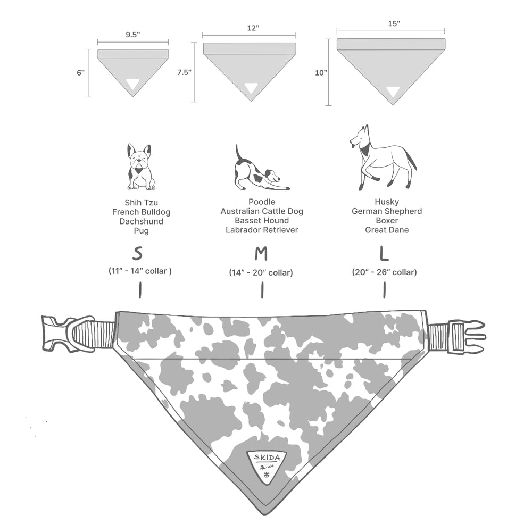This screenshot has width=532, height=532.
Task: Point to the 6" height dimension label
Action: pos(80,72)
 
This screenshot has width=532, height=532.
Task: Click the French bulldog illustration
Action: pos(139,167)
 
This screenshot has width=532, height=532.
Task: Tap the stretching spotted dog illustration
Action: pos(261,170)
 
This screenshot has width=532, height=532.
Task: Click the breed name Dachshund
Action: pos(141,221)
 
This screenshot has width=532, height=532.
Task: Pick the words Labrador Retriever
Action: pos(262,230)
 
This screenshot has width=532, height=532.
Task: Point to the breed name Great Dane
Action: pos(386,230)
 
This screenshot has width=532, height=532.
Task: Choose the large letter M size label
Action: pos(261,254)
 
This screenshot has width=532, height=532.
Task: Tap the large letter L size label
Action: pos(384,254)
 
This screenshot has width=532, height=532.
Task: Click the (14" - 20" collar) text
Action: pos(261,272)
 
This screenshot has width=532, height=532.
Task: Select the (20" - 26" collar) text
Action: pos(384,272)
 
